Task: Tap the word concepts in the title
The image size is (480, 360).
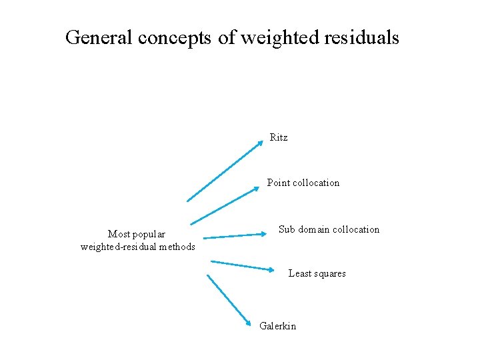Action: (x=175, y=38)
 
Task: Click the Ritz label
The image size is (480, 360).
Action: (x=279, y=137)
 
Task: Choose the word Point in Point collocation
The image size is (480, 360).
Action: (x=278, y=183)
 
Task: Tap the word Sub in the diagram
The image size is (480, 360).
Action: (x=286, y=229)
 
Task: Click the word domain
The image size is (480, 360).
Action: (x=314, y=229)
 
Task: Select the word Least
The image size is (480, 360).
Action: (x=299, y=273)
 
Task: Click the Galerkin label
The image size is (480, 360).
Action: (x=277, y=325)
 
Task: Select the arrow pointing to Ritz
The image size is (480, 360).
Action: (x=225, y=171)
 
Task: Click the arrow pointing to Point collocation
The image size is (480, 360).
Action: (x=225, y=206)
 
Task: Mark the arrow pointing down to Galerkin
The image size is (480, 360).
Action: (x=228, y=300)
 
